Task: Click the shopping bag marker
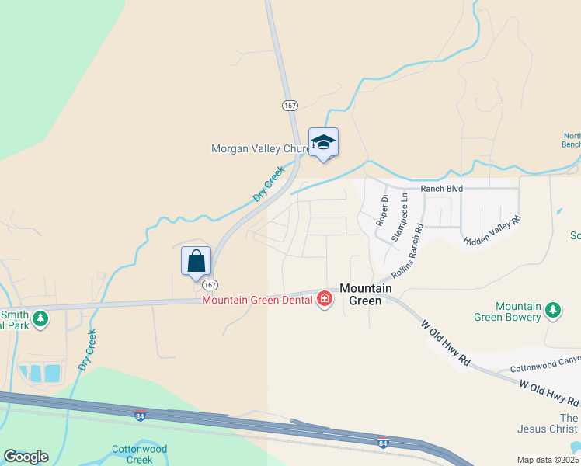pos(197,260)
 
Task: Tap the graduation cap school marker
pos(323,143)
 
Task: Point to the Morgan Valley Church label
pos(261,148)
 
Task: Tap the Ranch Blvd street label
pos(441,189)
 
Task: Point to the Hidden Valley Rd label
pos(492,231)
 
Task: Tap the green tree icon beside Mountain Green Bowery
pos(553,311)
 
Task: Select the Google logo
pos(26,457)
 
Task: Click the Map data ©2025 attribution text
pos(548,460)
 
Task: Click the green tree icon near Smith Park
pos(40,318)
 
